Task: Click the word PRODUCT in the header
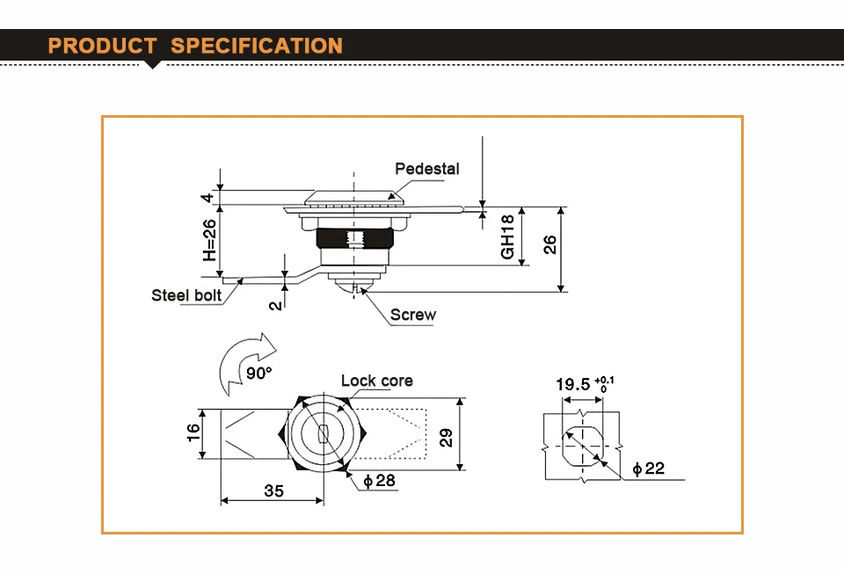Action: (102, 46)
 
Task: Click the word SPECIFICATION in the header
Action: (257, 46)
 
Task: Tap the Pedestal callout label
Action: (427, 169)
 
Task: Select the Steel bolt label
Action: (186, 295)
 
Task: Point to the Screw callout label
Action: (413, 315)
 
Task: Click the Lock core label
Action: (377, 381)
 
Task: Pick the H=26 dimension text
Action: (209, 240)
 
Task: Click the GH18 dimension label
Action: (507, 236)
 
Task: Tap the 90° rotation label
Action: (258, 373)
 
